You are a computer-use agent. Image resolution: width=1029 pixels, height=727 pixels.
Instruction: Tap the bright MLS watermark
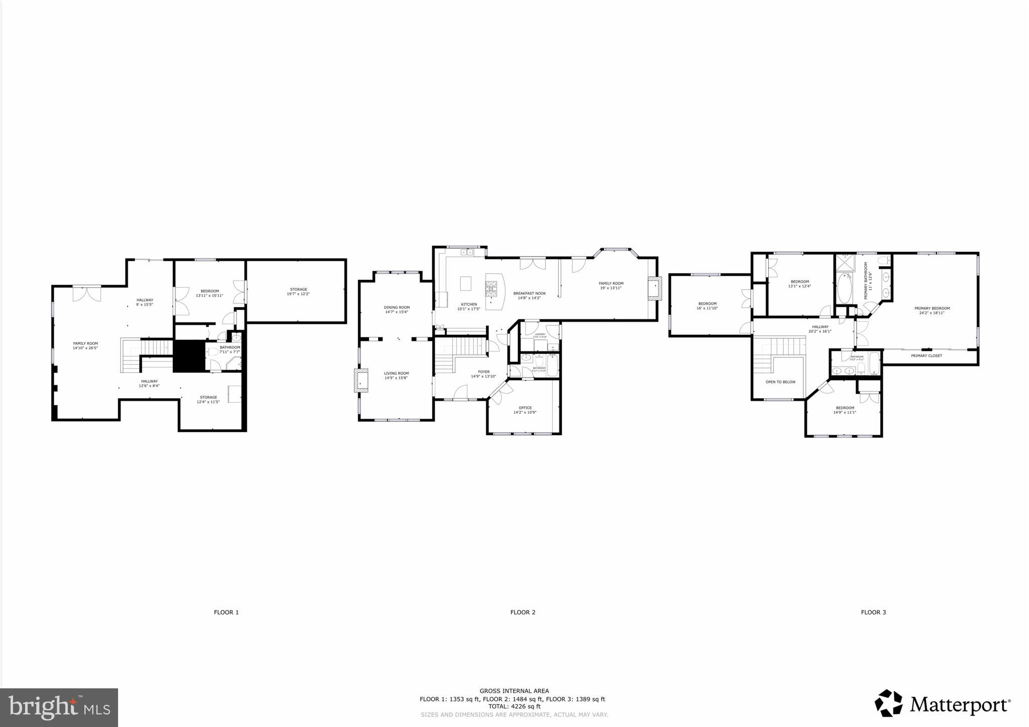point(59,707)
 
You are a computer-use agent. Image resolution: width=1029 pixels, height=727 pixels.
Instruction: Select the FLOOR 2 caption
point(523,612)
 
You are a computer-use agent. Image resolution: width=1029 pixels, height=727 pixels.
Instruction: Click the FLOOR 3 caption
point(873,612)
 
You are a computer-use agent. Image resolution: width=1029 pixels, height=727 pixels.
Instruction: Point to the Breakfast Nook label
point(529,293)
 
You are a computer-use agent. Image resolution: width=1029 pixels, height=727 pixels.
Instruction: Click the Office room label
point(525,408)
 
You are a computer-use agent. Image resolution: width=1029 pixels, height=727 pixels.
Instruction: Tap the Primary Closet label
point(927,356)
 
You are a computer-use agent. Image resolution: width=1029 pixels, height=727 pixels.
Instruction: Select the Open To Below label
point(780,382)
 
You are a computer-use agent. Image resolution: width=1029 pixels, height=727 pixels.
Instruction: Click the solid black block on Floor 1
point(188,356)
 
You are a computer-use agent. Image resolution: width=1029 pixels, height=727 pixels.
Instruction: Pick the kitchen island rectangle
point(466,284)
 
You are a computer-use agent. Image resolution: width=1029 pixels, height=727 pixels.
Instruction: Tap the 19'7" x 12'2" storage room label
point(298,291)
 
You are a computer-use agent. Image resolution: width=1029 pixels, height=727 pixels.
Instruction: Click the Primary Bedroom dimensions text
point(932,313)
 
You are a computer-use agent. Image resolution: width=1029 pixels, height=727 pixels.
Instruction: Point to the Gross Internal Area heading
point(514,691)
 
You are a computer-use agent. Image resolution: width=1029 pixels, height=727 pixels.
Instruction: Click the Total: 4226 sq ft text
point(514,706)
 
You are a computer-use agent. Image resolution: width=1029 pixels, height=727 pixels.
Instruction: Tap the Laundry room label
point(540,334)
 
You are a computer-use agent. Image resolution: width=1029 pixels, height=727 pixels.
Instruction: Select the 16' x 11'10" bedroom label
point(707,305)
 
